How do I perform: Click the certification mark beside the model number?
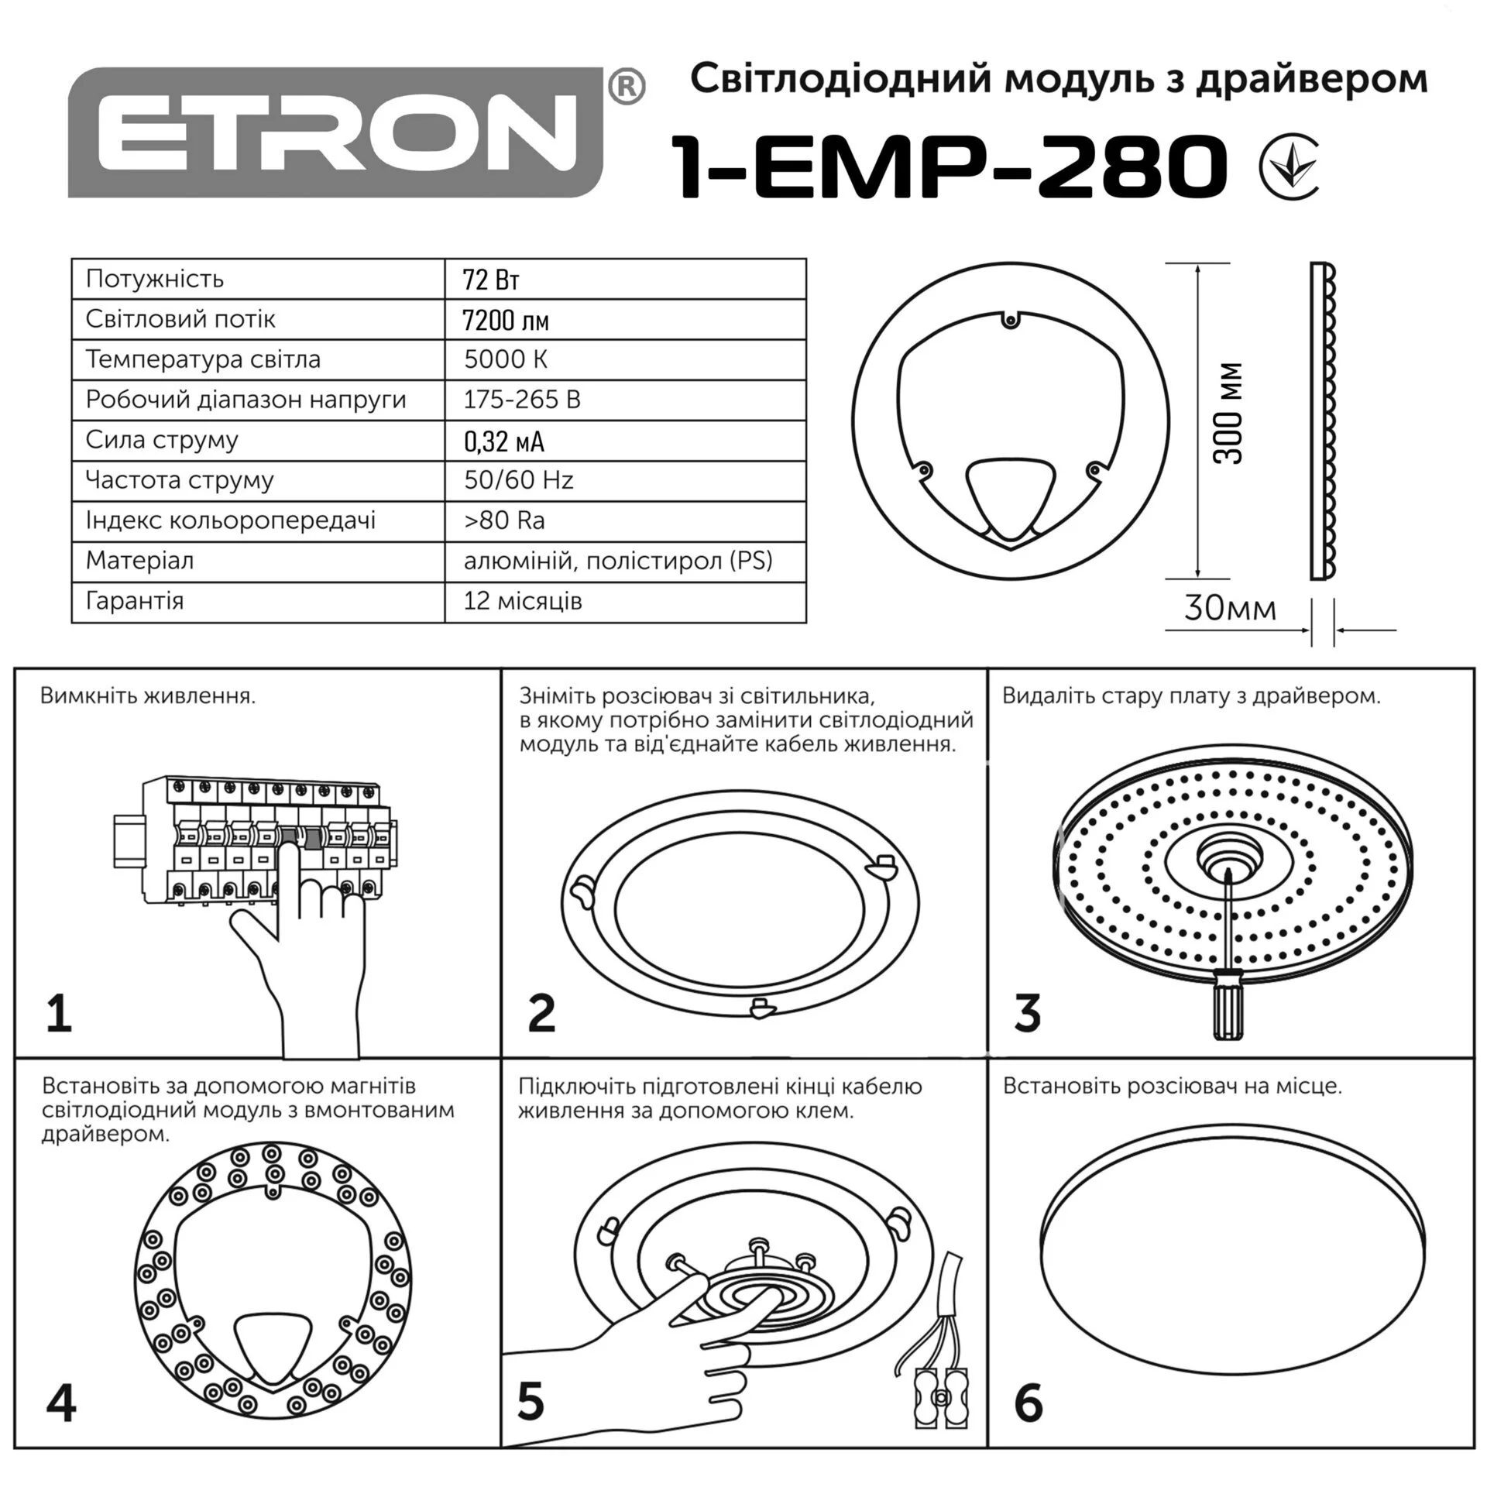pyautogui.click(x=1288, y=166)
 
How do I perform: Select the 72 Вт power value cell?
pyautogui.click(x=490, y=280)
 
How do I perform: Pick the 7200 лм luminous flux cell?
pyautogui.click(x=506, y=320)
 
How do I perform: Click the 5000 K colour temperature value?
pyautogui.click(x=506, y=359)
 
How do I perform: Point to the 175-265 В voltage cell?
pyautogui.click(x=522, y=400)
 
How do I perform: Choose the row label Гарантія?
pyautogui.click(x=135, y=601)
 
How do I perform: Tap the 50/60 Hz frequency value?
pyautogui.click(x=519, y=480)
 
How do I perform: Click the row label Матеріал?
pyautogui.click(x=140, y=561)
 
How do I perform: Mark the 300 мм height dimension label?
pyautogui.click(x=1228, y=414)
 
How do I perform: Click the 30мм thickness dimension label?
pyautogui.click(x=1230, y=608)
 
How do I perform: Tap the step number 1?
pyautogui.click(x=59, y=1015)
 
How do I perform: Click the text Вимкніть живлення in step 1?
pyautogui.click(x=147, y=695)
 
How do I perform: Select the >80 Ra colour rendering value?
pyautogui.click(x=504, y=520)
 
